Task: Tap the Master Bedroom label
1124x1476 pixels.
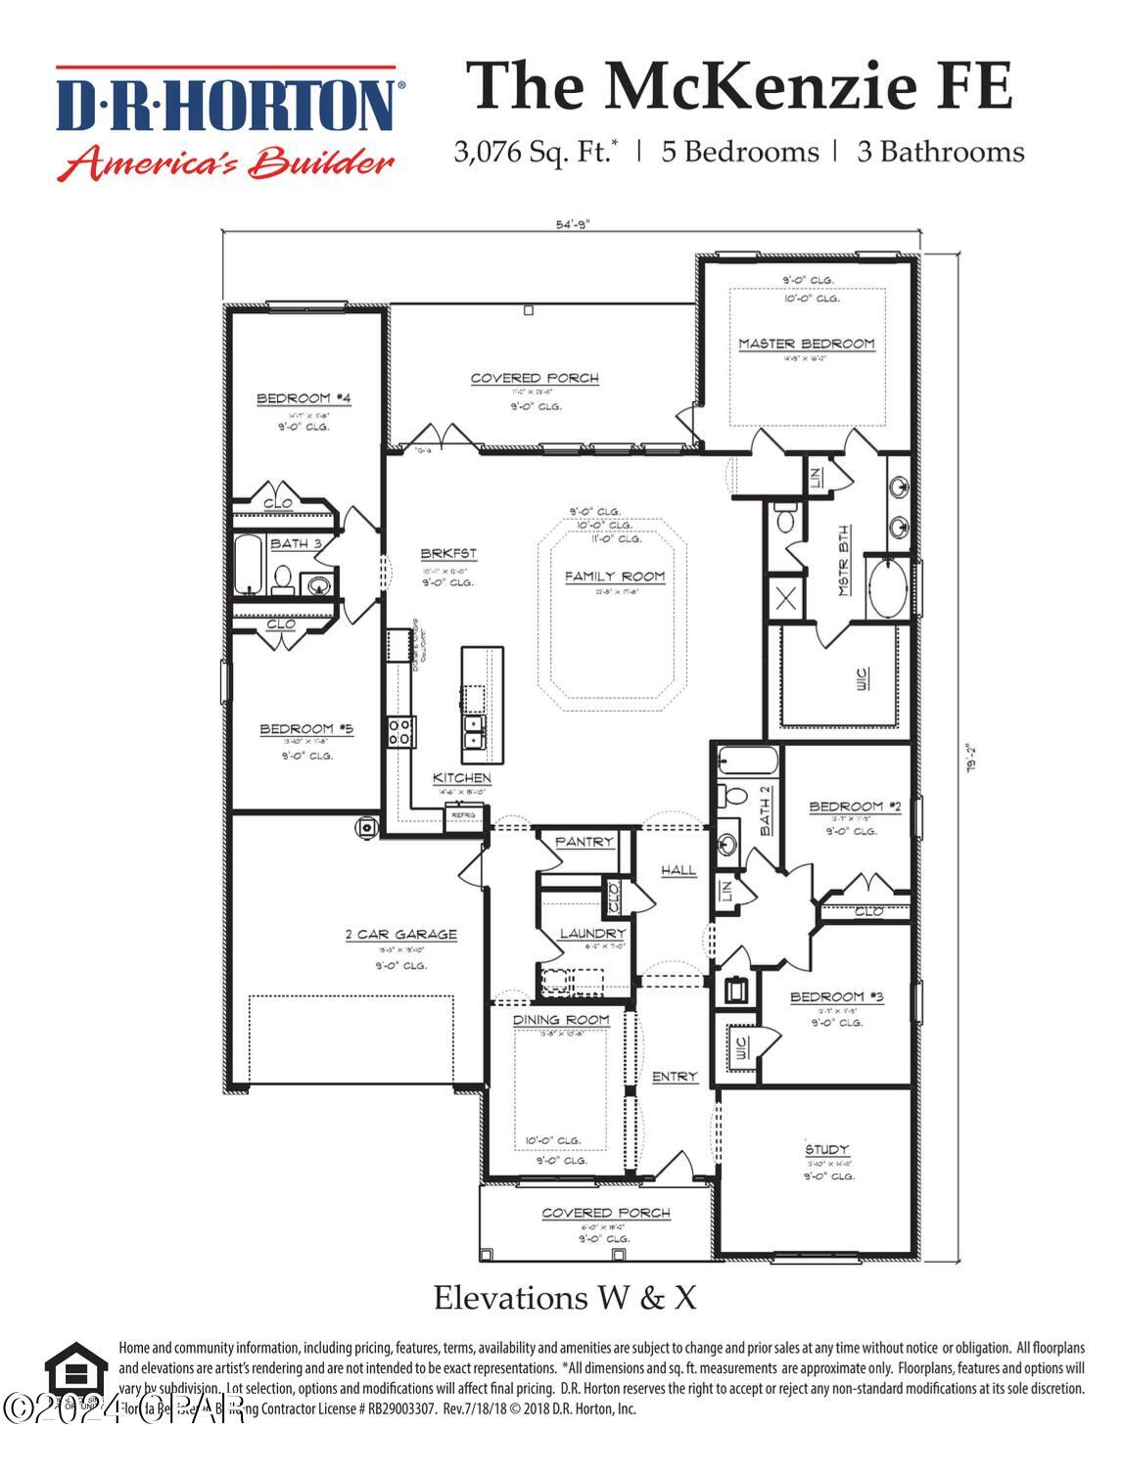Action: [806, 344]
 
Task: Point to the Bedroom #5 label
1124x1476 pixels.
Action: [305, 729]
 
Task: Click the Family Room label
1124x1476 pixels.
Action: [614, 577]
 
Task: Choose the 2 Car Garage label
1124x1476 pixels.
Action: [400, 935]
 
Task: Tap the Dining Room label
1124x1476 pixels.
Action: [561, 1020]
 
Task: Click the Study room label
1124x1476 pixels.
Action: [826, 1149]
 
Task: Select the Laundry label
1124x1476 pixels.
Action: [591, 934]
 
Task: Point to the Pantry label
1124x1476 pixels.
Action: [584, 842]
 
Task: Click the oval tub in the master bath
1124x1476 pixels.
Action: [889, 588]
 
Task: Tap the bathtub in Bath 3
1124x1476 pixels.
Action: [249, 565]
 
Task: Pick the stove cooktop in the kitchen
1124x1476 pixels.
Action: [400, 732]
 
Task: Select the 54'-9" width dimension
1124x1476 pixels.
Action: [573, 224]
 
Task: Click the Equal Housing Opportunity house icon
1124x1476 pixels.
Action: [75, 1372]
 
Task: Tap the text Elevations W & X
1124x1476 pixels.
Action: [565, 1298]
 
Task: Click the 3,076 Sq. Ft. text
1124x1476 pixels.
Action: [535, 153]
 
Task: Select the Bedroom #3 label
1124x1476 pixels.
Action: [836, 997]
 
